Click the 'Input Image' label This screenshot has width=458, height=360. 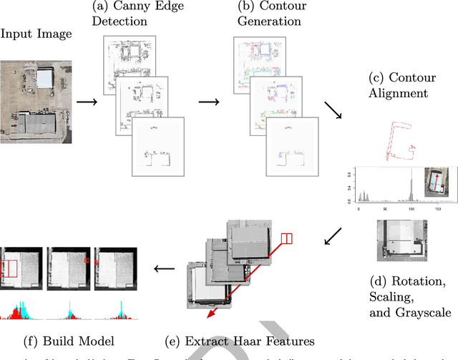click(35, 33)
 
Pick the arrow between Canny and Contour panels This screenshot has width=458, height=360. click(209, 101)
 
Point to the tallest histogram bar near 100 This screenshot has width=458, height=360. click(411, 188)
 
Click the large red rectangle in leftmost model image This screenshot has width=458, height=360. click(11, 268)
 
